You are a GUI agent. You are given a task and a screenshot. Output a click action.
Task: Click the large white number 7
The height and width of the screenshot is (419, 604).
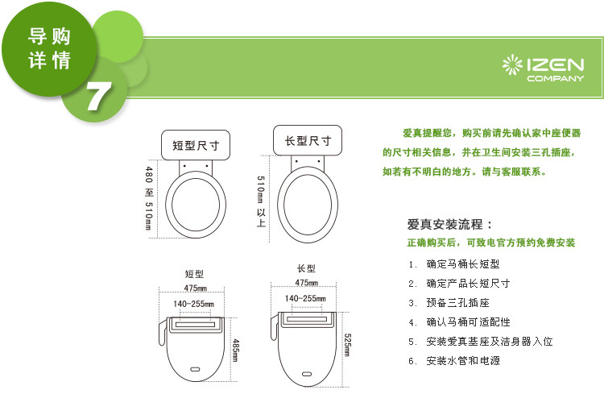[x=98, y=97]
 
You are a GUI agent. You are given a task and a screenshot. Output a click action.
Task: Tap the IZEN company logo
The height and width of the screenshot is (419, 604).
[x=543, y=69]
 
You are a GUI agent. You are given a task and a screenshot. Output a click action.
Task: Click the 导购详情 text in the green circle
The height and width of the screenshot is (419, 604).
[x=49, y=48]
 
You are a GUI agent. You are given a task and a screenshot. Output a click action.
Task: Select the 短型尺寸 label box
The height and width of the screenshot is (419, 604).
[x=196, y=145]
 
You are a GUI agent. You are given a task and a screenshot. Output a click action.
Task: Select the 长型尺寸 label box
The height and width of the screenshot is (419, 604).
[x=308, y=140]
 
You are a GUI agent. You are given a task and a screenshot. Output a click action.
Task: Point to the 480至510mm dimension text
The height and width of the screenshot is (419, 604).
[x=149, y=198]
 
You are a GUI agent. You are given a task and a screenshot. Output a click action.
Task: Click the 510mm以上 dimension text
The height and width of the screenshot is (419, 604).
[x=261, y=201]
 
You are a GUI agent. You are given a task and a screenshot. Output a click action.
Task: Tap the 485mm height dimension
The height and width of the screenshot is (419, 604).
[x=236, y=350]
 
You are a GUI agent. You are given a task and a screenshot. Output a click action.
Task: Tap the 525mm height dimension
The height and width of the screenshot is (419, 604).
[x=347, y=345]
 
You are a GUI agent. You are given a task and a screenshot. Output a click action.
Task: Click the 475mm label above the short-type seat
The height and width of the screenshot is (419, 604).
[x=196, y=288]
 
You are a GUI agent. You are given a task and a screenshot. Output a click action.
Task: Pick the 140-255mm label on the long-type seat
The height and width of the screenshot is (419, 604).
[x=305, y=298]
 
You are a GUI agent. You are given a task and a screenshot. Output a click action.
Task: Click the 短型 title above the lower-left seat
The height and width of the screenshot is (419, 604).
[x=194, y=274]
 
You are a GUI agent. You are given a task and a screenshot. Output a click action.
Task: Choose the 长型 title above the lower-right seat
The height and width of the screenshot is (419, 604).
[x=306, y=268]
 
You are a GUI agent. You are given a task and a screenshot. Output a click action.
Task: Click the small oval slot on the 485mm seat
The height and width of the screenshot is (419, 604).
[x=195, y=369]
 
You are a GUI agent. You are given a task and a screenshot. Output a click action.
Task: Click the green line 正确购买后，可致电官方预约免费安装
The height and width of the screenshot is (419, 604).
[x=491, y=243]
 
